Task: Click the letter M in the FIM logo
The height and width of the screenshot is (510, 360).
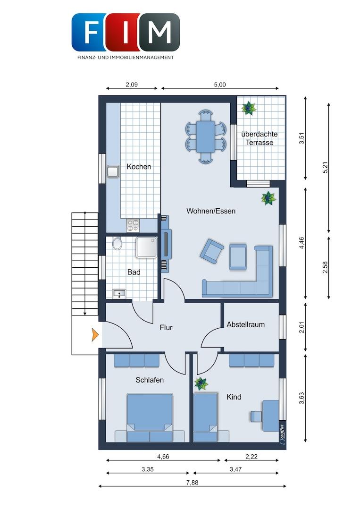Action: coord(160,33)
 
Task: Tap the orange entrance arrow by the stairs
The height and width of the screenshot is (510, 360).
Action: coord(95,335)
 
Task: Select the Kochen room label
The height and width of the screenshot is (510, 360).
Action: coord(139,167)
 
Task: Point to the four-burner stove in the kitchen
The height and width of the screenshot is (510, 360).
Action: coord(133,225)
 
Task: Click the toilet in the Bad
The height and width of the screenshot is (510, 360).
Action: coord(117,243)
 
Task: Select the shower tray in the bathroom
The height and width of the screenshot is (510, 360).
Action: coord(147,247)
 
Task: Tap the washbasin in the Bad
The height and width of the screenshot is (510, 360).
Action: coord(119,294)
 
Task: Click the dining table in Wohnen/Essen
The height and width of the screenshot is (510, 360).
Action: coord(205,136)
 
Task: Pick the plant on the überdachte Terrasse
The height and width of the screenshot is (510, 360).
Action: coord(249,108)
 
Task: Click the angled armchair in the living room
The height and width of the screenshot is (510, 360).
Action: coord(212,251)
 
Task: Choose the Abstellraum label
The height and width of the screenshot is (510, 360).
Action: coord(246,324)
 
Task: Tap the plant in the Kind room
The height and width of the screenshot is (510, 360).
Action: coord(201,384)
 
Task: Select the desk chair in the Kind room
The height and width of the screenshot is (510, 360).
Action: coord(256,416)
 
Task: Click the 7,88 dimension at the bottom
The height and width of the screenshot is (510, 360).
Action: coord(193,483)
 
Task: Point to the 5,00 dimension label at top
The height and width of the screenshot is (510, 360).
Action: coord(220,85)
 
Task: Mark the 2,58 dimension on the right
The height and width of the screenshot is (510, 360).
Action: coord(326,267)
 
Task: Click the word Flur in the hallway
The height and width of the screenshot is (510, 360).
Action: coord(166,328)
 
